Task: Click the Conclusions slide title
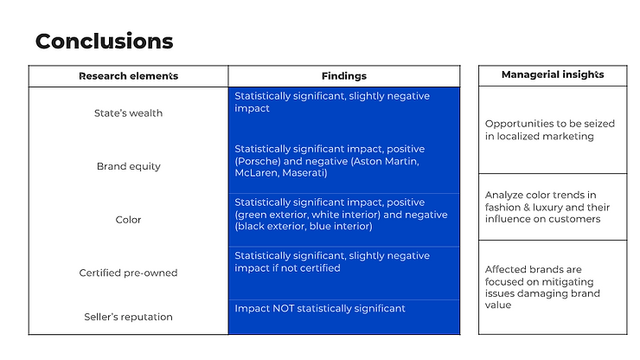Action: click(x=105, y=42)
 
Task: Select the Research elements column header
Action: click(x=129, y=76)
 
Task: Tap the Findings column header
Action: click(x=344, y=76)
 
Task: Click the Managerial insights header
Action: click(x=553, y=74)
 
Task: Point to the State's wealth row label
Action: click(x=128, y=113)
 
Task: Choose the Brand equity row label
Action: click(x=129, y=166)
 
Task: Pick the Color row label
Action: click(x=128, y=220)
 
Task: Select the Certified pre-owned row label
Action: click(x=128, y=273)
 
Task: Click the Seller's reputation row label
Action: click(x=128, y=317)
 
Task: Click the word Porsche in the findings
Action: click(x=257, y=162)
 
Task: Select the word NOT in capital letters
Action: click(x=284, y=309)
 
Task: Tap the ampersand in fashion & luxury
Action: click(x=517, y=207)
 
